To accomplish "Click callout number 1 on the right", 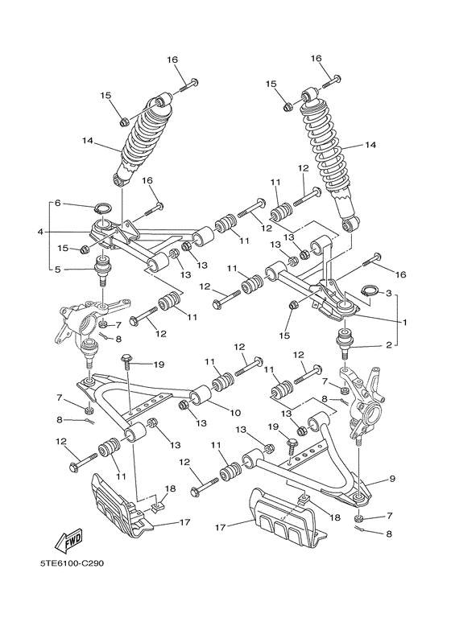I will [x=405, y=322].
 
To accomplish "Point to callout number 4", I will [x=39, y=233].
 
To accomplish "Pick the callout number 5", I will [x=57, y=269].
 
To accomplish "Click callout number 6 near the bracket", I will [x=57, y=203].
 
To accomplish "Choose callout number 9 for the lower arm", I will [x=392, y=480].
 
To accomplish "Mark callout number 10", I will [x=235, y=414].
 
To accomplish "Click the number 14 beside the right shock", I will [x=370, y=146].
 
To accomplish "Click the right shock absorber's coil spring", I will [x=329, y=149].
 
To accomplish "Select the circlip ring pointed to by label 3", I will [x=367, y=291].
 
